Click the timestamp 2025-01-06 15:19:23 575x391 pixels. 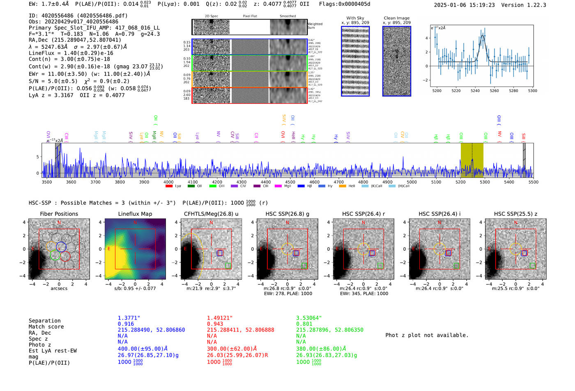coord(464,5)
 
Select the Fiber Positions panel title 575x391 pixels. coord(59,214)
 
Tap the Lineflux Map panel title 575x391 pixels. coord(135,214)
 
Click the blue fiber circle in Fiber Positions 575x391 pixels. coord(61,247)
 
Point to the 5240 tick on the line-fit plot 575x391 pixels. coord(475,91)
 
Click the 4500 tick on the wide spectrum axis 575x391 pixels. coord(290,182)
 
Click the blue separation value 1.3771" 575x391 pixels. coord(129,318)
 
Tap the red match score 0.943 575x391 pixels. coord(215,324)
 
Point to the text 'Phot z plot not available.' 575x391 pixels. coord(427,335)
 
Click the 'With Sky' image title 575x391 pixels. coord(355,18)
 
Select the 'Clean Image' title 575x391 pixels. coord(396,18)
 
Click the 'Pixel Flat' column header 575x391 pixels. coord(250,16)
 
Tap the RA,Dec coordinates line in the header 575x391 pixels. coord(75,40)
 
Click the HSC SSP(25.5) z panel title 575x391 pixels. coord(515,214)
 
